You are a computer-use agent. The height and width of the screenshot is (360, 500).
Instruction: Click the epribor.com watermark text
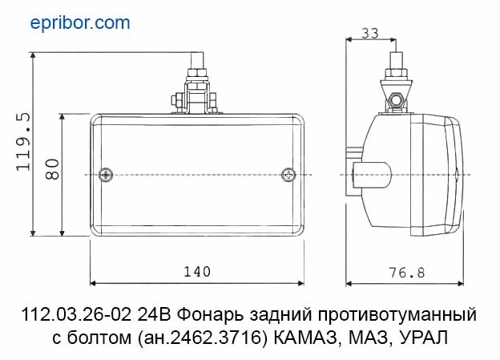tap(80, 23)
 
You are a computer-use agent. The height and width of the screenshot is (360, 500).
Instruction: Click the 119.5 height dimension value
tap(23, 142)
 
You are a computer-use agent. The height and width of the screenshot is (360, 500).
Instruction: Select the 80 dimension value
tap(52, 169)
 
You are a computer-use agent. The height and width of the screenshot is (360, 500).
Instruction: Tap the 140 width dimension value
tap(197, 272)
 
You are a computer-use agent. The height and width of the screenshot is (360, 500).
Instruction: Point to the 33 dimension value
tap(370, 33)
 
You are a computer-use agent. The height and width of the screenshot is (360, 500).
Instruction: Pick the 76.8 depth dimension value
tap(407, 273)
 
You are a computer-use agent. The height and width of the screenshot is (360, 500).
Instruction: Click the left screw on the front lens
tap(106, 175)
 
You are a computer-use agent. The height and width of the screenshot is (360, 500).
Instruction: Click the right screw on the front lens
tap(288, 175)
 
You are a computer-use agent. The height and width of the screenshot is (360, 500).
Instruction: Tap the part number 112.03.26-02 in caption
tap(77, 314)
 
